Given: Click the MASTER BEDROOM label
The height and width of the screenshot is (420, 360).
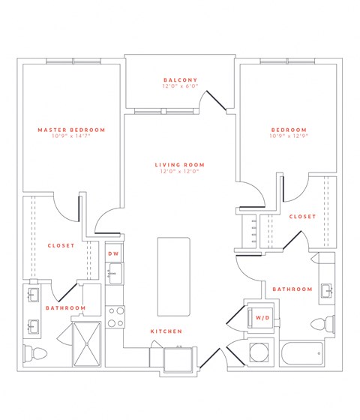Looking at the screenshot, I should (x=71, y=130).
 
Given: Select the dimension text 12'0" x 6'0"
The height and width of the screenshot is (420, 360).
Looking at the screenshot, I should (x=180, y=87).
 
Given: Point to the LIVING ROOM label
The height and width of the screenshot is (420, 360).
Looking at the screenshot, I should (x=180, y=165).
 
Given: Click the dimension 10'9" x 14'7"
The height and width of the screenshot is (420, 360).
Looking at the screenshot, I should (x=71, y=136).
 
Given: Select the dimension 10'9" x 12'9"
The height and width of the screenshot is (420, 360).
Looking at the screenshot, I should (x=289, y=136).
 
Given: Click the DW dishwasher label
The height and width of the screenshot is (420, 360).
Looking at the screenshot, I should (x=114, y=254).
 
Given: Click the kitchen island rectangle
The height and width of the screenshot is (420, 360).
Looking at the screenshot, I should (x=174, y=277).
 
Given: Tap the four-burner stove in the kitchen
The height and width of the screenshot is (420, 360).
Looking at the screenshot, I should (x=115, y=317).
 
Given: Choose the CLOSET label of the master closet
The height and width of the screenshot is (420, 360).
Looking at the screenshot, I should (x=60, y=245).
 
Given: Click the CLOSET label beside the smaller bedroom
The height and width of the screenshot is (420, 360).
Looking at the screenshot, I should (x=302, y=217).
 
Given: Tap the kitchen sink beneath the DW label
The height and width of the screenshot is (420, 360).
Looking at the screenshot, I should (x=114, y=274).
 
